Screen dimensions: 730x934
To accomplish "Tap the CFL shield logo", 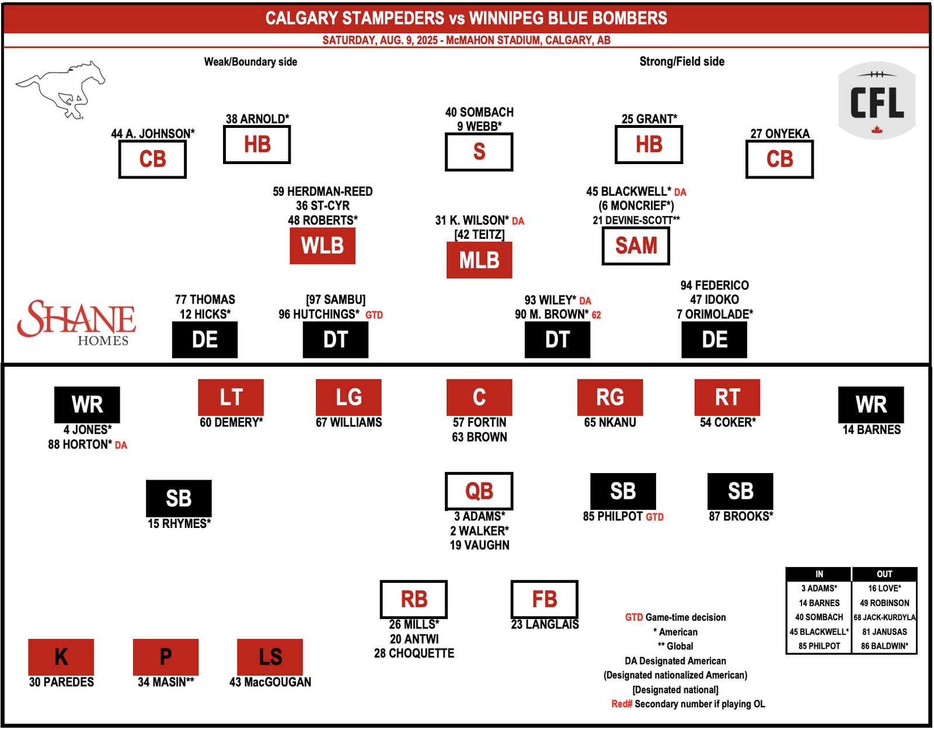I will click(x=876, y=100).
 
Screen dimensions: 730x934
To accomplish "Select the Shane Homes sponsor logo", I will click(x=76, y=323).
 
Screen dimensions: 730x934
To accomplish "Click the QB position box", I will click(x=479, y=491).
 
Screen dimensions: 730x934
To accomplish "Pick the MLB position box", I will click(x=479, y=260).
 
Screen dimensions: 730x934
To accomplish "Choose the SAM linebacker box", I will click(x=636, y=246).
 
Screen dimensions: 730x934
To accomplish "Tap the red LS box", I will click(x=270, y=657).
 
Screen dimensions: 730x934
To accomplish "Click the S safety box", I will click(x=479, y=152).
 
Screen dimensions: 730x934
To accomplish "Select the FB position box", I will click(x=544, y=599).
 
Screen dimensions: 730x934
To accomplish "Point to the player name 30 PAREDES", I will click(x=61, y=682).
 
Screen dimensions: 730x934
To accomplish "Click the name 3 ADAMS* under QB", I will click(x=479, y=516).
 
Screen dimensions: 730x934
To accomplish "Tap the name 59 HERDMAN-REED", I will click(x=322, y=192).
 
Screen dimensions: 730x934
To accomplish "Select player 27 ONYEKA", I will click(x=780, y=134).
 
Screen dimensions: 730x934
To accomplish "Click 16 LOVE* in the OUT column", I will click(x=884, y=588).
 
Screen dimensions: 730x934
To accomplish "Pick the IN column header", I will click(x=819, y=574).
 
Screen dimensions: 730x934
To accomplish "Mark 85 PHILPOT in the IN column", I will click(x=819, y=646).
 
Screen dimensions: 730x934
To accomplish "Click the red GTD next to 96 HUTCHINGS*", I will click(x=374, y=315).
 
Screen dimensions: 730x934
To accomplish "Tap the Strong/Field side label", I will click(x=682, y=62).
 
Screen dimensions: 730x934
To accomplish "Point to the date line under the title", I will click(x=466, y=40).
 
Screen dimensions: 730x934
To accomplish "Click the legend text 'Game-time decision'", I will click(x=685, y=617).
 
